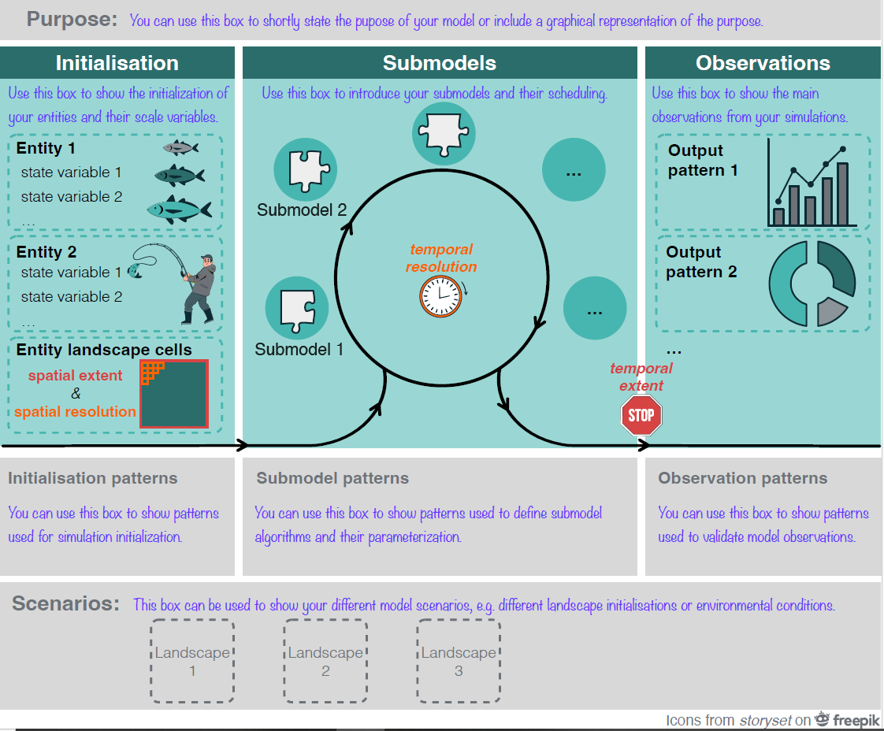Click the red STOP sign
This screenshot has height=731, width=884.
(x=641, y=415)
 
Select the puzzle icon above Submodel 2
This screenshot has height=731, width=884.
(x=305, y=171)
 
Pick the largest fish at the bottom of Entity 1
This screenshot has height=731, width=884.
(x=180, y=209)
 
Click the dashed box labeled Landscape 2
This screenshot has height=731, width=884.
(x=325, y=661)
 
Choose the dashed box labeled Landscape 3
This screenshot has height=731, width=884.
(x=459, y=661)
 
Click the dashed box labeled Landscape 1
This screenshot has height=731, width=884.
(x=192, y=661)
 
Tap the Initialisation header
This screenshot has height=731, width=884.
(x=117, y=63)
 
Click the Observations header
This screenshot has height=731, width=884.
(x=763, y=63)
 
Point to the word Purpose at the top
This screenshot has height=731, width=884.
(x=72, y=19)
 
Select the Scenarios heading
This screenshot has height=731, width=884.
(x=65, y=604)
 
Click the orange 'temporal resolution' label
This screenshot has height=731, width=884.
(x=441, y=258)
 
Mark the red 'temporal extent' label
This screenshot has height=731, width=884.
(x=641, y=377)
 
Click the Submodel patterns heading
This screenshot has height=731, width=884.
(x=332, y=478)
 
